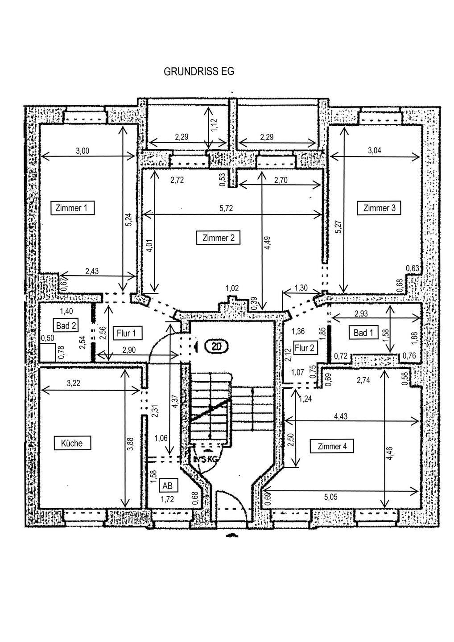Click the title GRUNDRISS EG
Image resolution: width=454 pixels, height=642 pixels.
click(199, 71)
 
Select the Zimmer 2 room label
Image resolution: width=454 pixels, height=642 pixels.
click(218, 238)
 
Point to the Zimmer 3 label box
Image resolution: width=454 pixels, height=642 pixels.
click(379, 208)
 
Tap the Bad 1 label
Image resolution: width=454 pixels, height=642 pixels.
click(363, 333)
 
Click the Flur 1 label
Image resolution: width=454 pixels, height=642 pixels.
click(128, 333)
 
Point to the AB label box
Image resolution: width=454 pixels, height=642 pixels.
click(168, 486)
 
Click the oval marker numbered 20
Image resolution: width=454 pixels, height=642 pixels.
click(216, 346)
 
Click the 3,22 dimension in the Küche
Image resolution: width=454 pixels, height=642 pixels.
click(74, 383)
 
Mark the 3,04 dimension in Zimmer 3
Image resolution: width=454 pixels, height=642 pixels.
click(375, 150)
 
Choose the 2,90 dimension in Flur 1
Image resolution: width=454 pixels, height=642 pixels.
click(128, 350)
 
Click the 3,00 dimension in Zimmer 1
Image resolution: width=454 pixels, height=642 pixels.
click(82, 151)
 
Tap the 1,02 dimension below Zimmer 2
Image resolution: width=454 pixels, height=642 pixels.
click(232, 288)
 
